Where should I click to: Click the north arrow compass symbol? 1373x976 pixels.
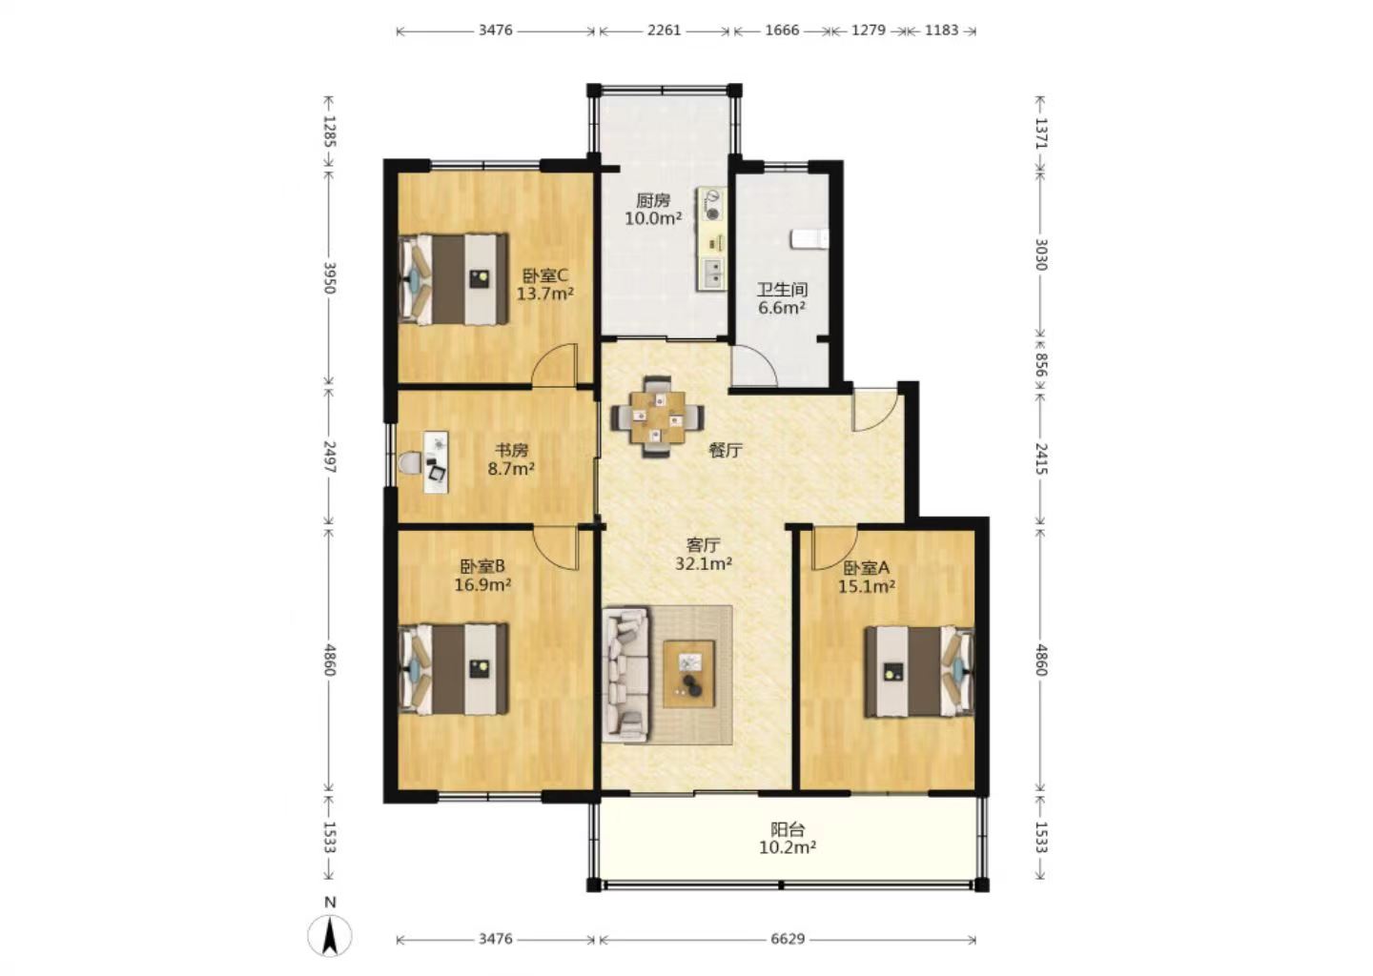click(x=330, y=934)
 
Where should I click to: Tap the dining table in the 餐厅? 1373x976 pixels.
click(x=657, y=417)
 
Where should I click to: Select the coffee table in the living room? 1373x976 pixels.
click(x=689, y=674)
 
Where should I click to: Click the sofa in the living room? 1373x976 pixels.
click(x=626, y=674)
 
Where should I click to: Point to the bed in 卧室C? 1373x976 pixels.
click(x=454, y=278)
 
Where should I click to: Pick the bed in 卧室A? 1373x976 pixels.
click(x=919, y=671)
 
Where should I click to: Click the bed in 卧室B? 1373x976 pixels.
click(x=454, y=669)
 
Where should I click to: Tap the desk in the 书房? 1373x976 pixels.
click(x=435, y=462)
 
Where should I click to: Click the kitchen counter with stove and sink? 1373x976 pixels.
click(x=711, y=239)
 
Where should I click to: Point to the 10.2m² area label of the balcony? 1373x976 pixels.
click(x=787, y=848)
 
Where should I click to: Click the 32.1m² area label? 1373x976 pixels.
click(x=703, y=563)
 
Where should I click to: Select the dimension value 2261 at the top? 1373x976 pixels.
click(x=664, y=30)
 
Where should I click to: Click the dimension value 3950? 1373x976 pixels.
click(x=330, y=278)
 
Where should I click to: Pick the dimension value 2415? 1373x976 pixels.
click(x=1041, y=458)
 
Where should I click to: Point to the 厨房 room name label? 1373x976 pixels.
click(x=653, y=200)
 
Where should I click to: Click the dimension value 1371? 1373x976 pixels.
click(x=1041, y=132)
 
